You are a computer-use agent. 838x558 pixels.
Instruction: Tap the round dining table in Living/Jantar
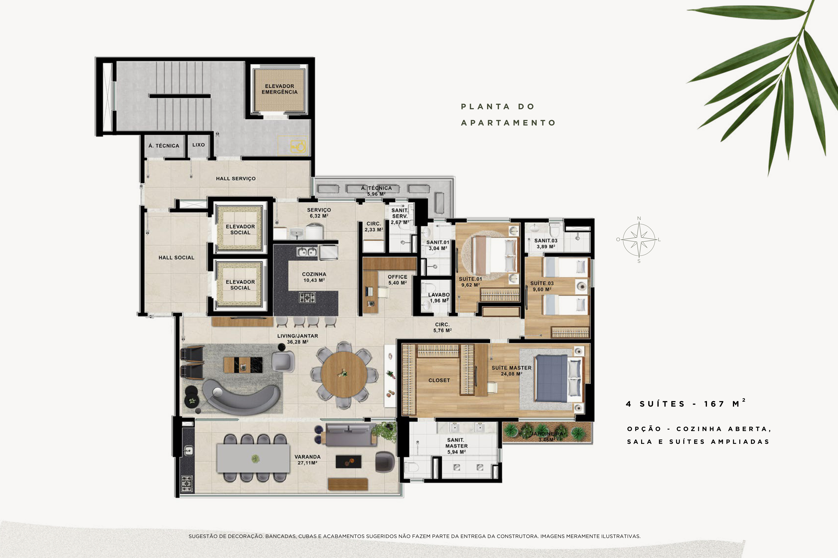coord(344,374)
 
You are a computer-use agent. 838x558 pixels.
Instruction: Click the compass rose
coord(639,239)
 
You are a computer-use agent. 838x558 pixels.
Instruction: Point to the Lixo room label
coord(198,145)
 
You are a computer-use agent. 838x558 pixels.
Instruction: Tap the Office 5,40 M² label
coord(398,280)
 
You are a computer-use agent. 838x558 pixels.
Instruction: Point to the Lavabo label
coord(439,295)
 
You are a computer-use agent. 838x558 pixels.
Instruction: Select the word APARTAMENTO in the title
coord(508,123)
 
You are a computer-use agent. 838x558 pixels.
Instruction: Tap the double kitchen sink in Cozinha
coord(307,252)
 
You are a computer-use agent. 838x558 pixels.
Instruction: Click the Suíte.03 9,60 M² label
coord(542,286)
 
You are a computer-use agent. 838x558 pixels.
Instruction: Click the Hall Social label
coord(176,258)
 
